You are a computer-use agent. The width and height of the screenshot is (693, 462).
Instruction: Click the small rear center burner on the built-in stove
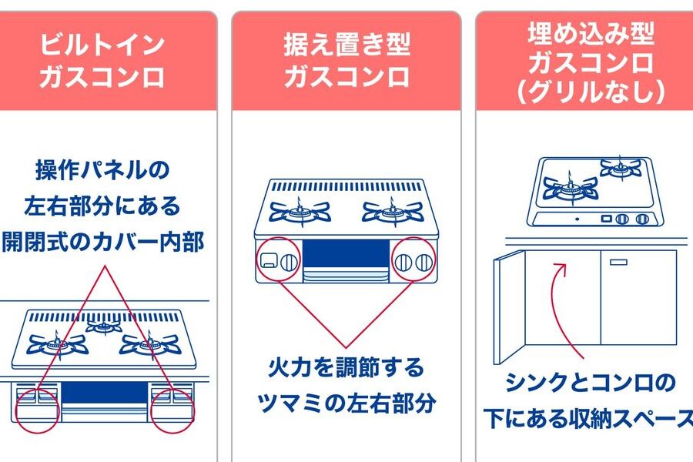click(103, 326)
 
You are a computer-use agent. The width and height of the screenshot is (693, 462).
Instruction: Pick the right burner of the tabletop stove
click(393, 209)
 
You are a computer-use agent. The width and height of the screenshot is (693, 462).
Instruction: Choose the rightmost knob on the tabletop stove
click(421, 263)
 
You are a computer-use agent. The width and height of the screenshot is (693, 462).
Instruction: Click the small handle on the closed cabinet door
click(618, 262)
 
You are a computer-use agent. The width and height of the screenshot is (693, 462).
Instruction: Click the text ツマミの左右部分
click(346, 403)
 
